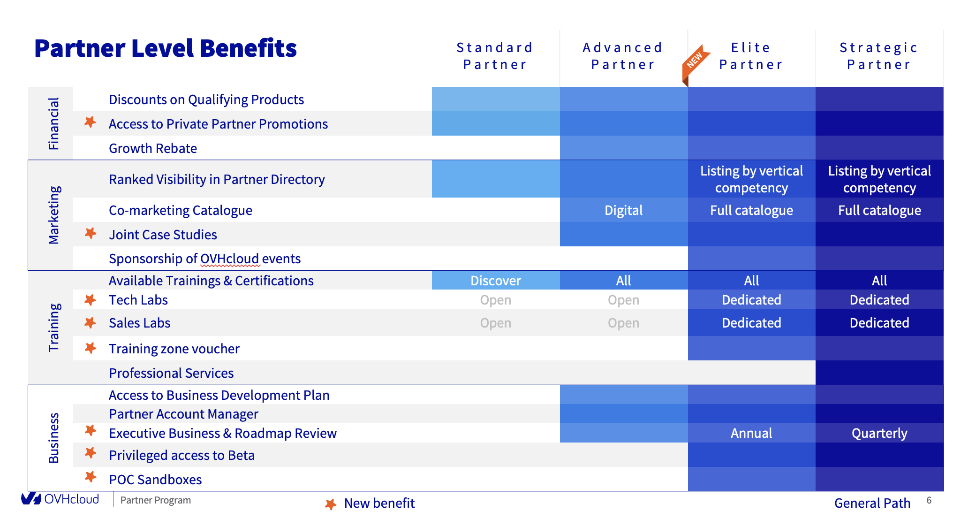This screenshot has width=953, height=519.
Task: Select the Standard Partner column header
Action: tap(495, 56)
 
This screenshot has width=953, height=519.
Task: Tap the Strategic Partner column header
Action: tap(879, 56)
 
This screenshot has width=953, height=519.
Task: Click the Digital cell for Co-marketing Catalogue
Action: tap(623, 210)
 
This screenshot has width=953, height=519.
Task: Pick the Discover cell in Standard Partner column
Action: tap(495, 281)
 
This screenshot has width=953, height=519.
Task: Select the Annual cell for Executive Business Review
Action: tap(751, 433)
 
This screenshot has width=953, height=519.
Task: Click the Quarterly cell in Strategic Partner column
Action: tap(879, 433)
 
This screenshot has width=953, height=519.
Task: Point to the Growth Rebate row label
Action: tap(153, 148)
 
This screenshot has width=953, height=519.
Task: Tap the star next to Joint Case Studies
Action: tap(91, 233)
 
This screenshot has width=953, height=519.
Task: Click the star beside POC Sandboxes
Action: tap(91, 477)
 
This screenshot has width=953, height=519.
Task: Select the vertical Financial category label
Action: tap(54, 123)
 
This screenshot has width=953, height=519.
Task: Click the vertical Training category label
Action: tap(54, 327)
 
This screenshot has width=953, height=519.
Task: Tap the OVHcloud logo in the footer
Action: tap(60, 499)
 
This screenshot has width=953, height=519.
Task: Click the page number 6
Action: tap(929, 500)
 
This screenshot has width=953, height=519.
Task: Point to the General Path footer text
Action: tap(872, 503)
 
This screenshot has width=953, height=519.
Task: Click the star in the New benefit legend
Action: tap(331, 504)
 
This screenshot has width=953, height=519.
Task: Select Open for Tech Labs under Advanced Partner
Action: tap(623, 300)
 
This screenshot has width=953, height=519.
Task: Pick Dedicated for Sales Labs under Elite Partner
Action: tap(751, 323)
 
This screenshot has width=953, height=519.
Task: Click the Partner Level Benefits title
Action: tap(166, 48)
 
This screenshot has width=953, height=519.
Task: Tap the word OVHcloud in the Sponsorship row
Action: tap(230, 259)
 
